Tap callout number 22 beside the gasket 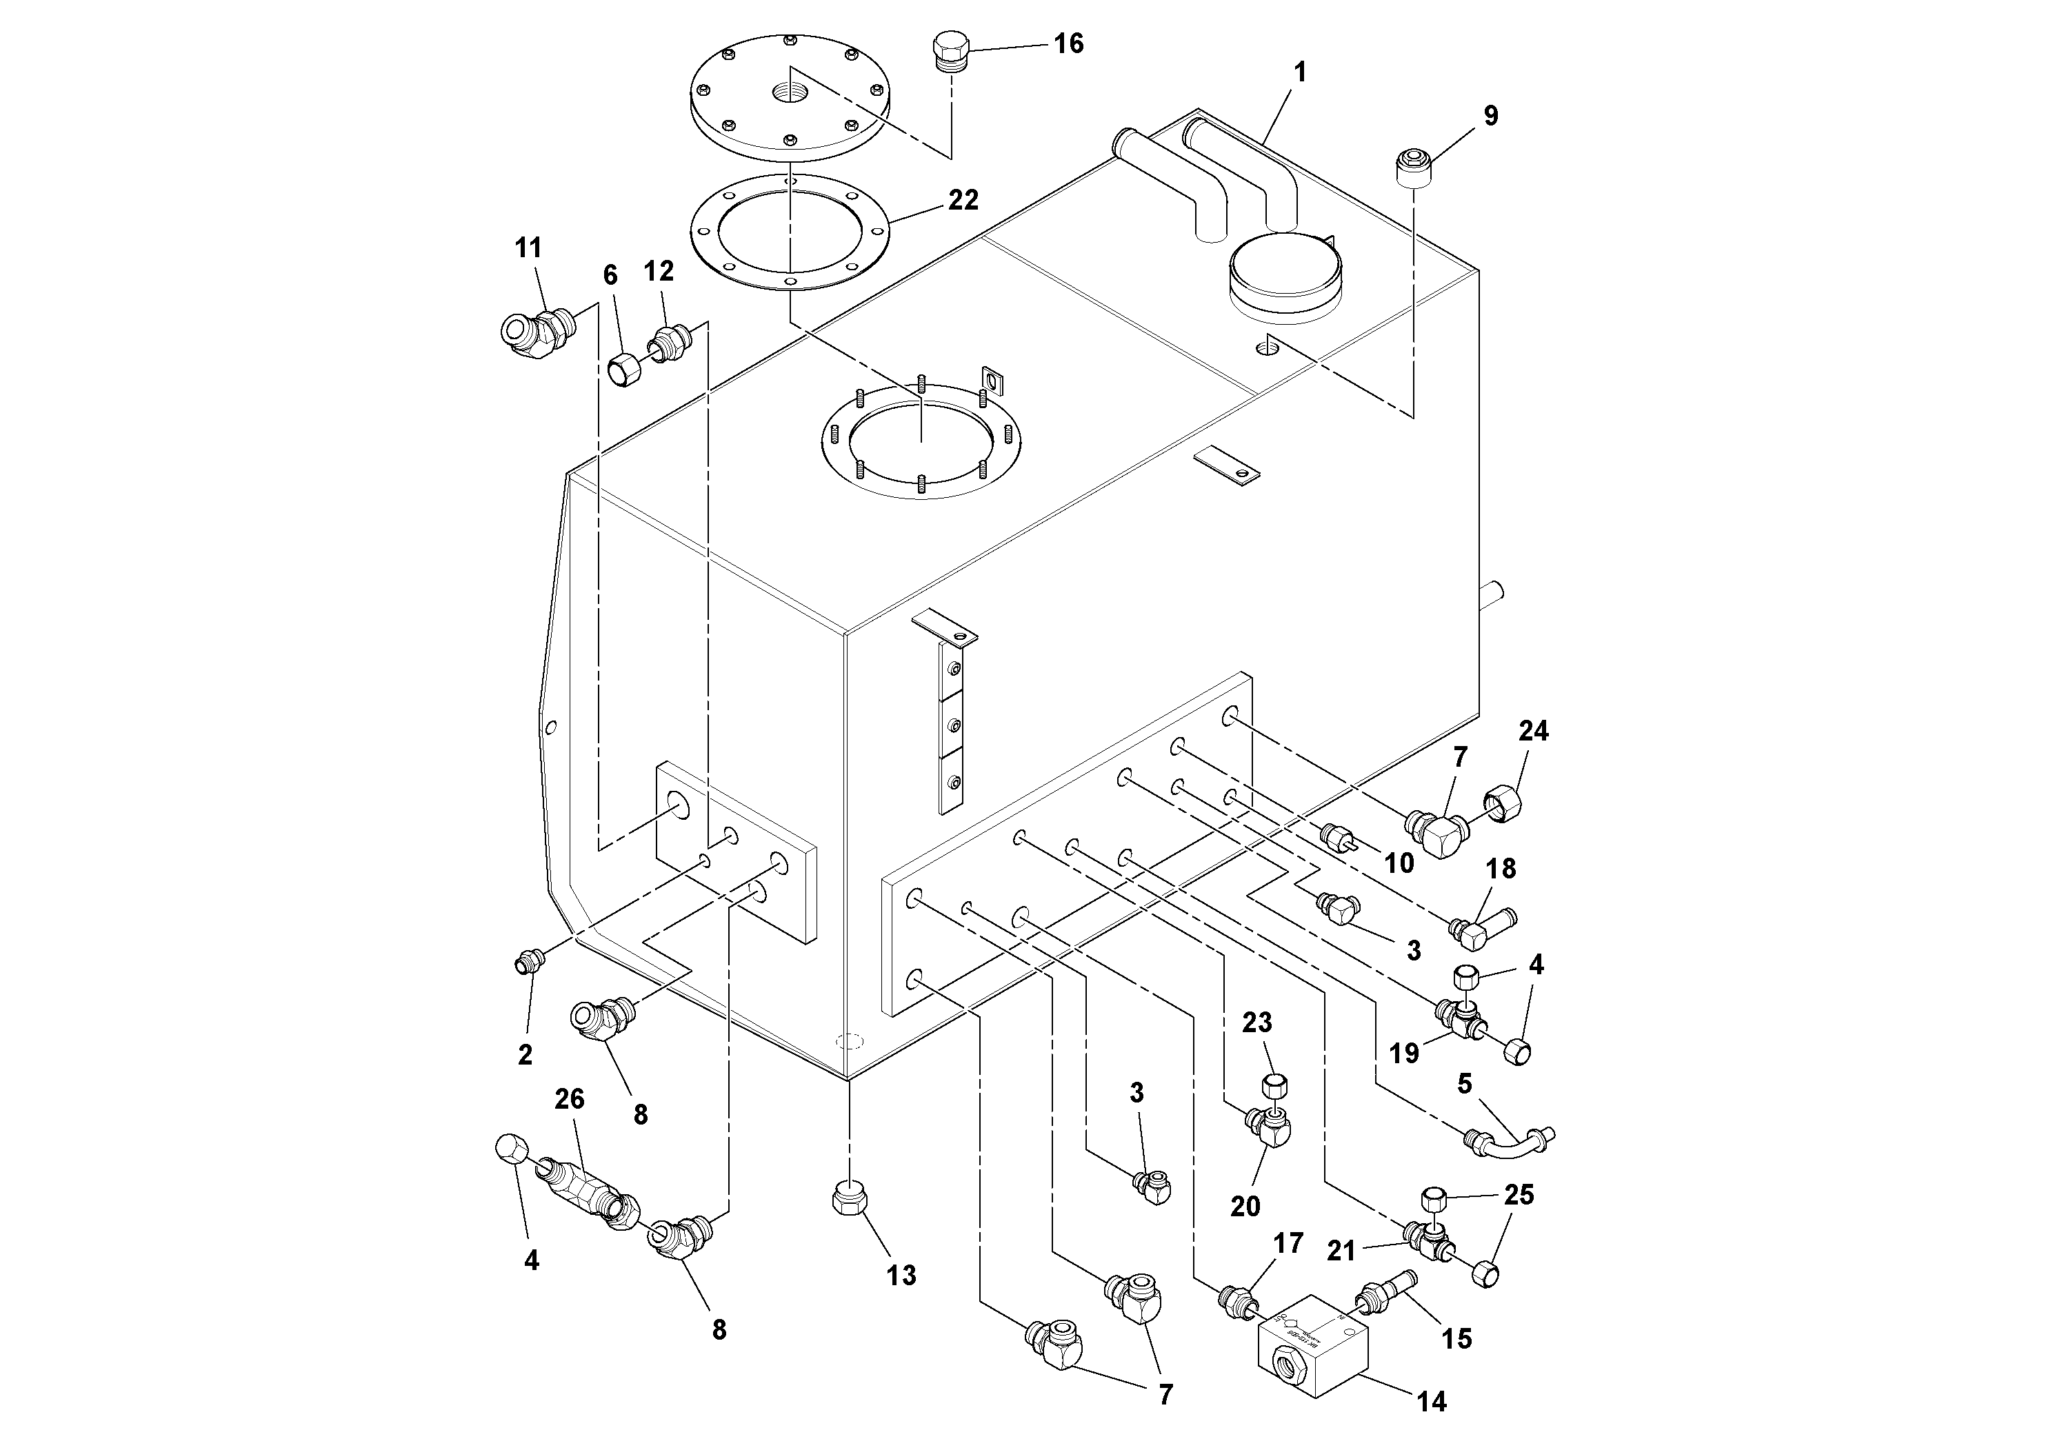(x=963, y=200)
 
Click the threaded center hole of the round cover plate (x=789, y=91)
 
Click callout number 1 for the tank (x=1300, y=72)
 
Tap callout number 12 (x=659, y=271)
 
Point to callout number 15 (x=1456, y=1338)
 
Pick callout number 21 (x=1341, y=1251)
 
